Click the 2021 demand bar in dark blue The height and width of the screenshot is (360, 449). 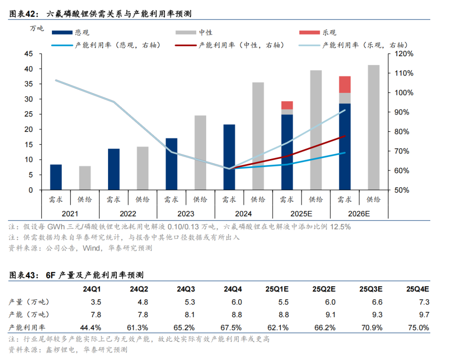click(x=56, y=177)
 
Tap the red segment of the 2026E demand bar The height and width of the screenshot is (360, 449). click(x=345, y=84)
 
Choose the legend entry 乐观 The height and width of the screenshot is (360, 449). click(x=329, y=32)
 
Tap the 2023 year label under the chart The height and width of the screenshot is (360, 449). click(x=185, y=214)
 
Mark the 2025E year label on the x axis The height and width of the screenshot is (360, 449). click(x=301, y=214)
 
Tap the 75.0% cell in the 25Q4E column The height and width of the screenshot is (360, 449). click(x=418, y=328)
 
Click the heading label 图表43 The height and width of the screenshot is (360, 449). click(x=23, y=276)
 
